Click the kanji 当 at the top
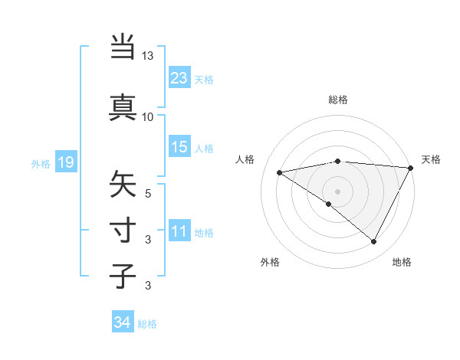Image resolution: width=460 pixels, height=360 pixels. click(123, 47)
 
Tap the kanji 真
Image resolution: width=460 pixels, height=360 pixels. click(123, 106)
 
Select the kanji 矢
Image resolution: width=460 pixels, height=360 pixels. click(123, 185)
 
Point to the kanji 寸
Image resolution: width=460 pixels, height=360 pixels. click(123, 230)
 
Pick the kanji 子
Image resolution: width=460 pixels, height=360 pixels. click(123, 276)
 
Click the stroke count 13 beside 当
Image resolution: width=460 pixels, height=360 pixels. click(148, 57)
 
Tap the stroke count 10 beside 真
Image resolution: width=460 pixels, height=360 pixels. click(148, 116)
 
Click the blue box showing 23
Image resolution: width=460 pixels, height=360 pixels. click(179, 77)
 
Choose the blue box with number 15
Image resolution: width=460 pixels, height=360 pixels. click(179, 147)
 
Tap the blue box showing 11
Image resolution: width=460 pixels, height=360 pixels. click(179, 231)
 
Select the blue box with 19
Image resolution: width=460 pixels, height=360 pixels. click(65, 162)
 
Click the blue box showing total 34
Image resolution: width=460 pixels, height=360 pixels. click(122, 322)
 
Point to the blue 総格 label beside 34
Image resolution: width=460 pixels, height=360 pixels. click(147, 324)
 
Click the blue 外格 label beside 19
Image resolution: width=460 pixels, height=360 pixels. click(41, 163)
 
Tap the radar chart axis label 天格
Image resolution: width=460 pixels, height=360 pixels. click(431, 159)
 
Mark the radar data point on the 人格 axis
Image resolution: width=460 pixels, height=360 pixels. click(280, 172)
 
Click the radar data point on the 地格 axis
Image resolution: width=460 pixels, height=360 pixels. click(374, 242)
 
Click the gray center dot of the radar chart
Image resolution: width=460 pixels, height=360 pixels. click(337, 191)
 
